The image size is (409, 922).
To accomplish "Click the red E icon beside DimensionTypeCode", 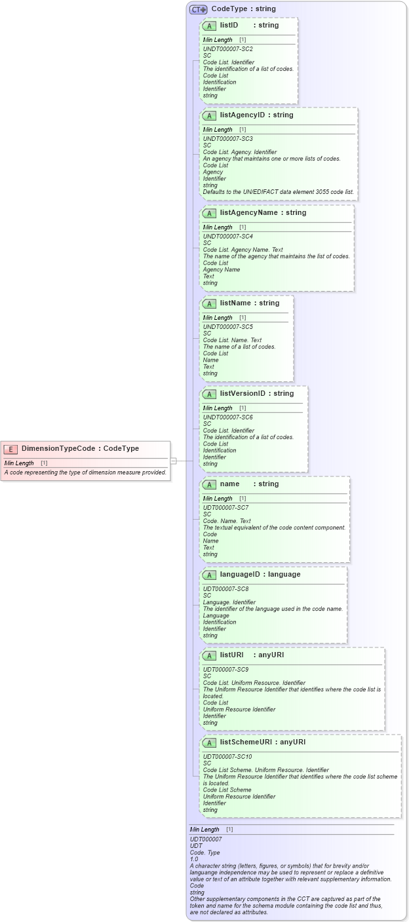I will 10,449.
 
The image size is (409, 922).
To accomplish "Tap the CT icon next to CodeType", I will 198,9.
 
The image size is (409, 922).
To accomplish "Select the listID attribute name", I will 229,26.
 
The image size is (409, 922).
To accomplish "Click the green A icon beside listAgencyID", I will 210,115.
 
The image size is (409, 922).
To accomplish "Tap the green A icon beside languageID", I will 210,575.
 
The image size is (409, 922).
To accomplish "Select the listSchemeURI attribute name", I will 244,742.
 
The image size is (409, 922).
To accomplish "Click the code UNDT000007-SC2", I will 227,49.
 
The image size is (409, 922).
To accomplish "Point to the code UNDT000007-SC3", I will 227,139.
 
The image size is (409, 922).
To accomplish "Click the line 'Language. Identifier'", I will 229,602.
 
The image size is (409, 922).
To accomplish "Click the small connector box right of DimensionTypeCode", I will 174,461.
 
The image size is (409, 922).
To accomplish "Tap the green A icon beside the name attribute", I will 210,484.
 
